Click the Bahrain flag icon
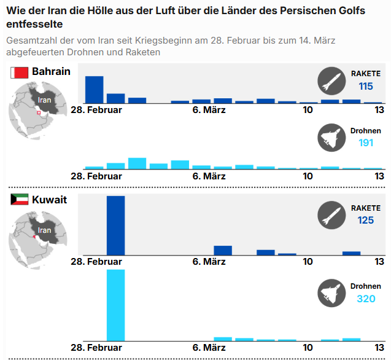(19, 72)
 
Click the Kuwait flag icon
(19, 200)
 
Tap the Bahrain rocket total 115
(366, 87)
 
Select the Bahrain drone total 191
(366, 143)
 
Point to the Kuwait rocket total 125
(366, 220)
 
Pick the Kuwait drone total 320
(366, 299)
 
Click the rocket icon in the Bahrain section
(331, 80)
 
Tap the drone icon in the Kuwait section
(331, 292)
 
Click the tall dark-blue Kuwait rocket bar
(115, 225)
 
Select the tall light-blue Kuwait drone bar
(115, 305)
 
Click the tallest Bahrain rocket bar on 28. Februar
(94, 90)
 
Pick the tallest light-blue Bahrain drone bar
(137, 163)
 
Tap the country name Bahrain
(51, 71)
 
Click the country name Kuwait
(50, 200)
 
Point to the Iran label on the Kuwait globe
(45, 230)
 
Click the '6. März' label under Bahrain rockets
(209, 110)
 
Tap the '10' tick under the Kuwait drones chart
(308, 348)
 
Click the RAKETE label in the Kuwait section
(366, 208)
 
